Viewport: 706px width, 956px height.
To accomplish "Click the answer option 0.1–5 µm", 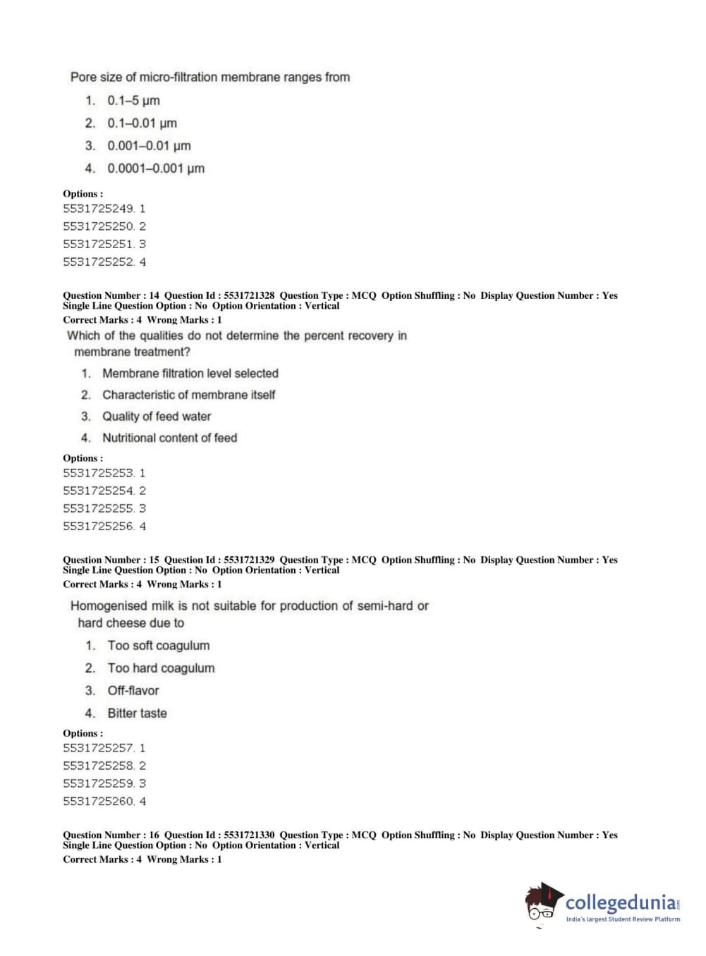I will [133, 101].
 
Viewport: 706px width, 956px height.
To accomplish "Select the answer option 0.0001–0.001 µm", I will [155, 168].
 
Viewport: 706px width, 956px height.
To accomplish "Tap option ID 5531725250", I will [104, 226].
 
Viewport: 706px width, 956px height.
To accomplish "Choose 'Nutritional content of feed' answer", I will [169, 438].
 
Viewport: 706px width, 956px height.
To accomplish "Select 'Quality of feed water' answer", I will [156, 417].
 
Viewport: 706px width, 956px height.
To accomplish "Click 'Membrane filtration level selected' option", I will [190, 374].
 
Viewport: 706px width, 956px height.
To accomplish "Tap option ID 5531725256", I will [104, 526].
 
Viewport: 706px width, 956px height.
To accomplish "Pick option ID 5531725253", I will [104, 473].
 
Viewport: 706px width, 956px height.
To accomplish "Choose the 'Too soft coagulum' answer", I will [158, 646].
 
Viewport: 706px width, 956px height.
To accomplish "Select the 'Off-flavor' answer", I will [133, 691].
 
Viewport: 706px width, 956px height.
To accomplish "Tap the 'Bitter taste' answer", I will [137, 713].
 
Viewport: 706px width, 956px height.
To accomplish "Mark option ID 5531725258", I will [104, 766].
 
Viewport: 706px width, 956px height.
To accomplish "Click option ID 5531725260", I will [104, 801].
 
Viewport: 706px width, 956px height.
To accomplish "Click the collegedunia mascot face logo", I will [543, 902].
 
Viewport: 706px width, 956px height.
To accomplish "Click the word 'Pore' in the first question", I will [83, 77].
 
